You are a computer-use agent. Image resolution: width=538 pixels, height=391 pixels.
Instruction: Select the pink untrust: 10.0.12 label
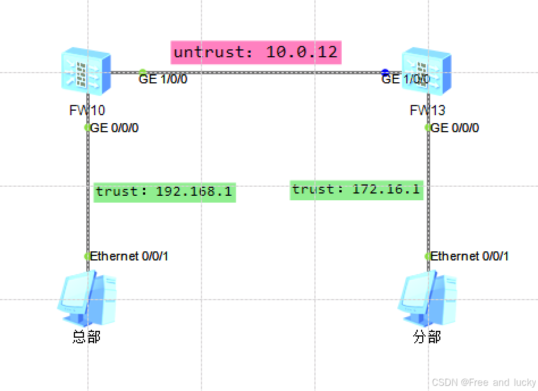coord(255,53)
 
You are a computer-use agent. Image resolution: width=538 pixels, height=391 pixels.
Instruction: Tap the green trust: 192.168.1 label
coord(164,192)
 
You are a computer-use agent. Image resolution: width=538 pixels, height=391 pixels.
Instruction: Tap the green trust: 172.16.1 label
coord(356,190)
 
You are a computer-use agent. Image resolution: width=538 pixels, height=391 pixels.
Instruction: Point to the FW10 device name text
coord(87,110)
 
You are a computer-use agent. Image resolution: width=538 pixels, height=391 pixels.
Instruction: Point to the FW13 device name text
coord(427,110)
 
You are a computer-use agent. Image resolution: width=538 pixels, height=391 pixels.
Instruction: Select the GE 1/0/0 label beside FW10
coord(163,79)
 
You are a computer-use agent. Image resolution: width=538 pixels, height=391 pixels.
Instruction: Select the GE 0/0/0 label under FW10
coord(115,128)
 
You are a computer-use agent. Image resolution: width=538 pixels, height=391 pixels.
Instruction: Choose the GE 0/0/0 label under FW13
coord(455,128)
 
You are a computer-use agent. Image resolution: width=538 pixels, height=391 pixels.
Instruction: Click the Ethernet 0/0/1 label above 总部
coord(129,257)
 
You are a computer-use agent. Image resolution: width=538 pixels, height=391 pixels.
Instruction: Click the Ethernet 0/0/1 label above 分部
coord(469,257)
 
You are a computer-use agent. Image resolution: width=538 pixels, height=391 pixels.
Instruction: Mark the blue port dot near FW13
coord(385,72)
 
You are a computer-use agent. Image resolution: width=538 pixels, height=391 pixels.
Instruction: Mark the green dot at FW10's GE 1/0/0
coord(142,72)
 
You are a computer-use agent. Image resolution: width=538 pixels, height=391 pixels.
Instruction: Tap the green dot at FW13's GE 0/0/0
coord(428,128)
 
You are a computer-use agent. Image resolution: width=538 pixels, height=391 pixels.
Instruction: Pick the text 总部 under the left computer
coord(86,337)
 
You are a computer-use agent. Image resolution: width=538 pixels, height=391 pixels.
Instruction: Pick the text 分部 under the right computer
coord(427,337)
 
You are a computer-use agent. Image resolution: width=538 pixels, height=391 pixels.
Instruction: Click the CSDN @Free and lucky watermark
coord(484,382)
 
